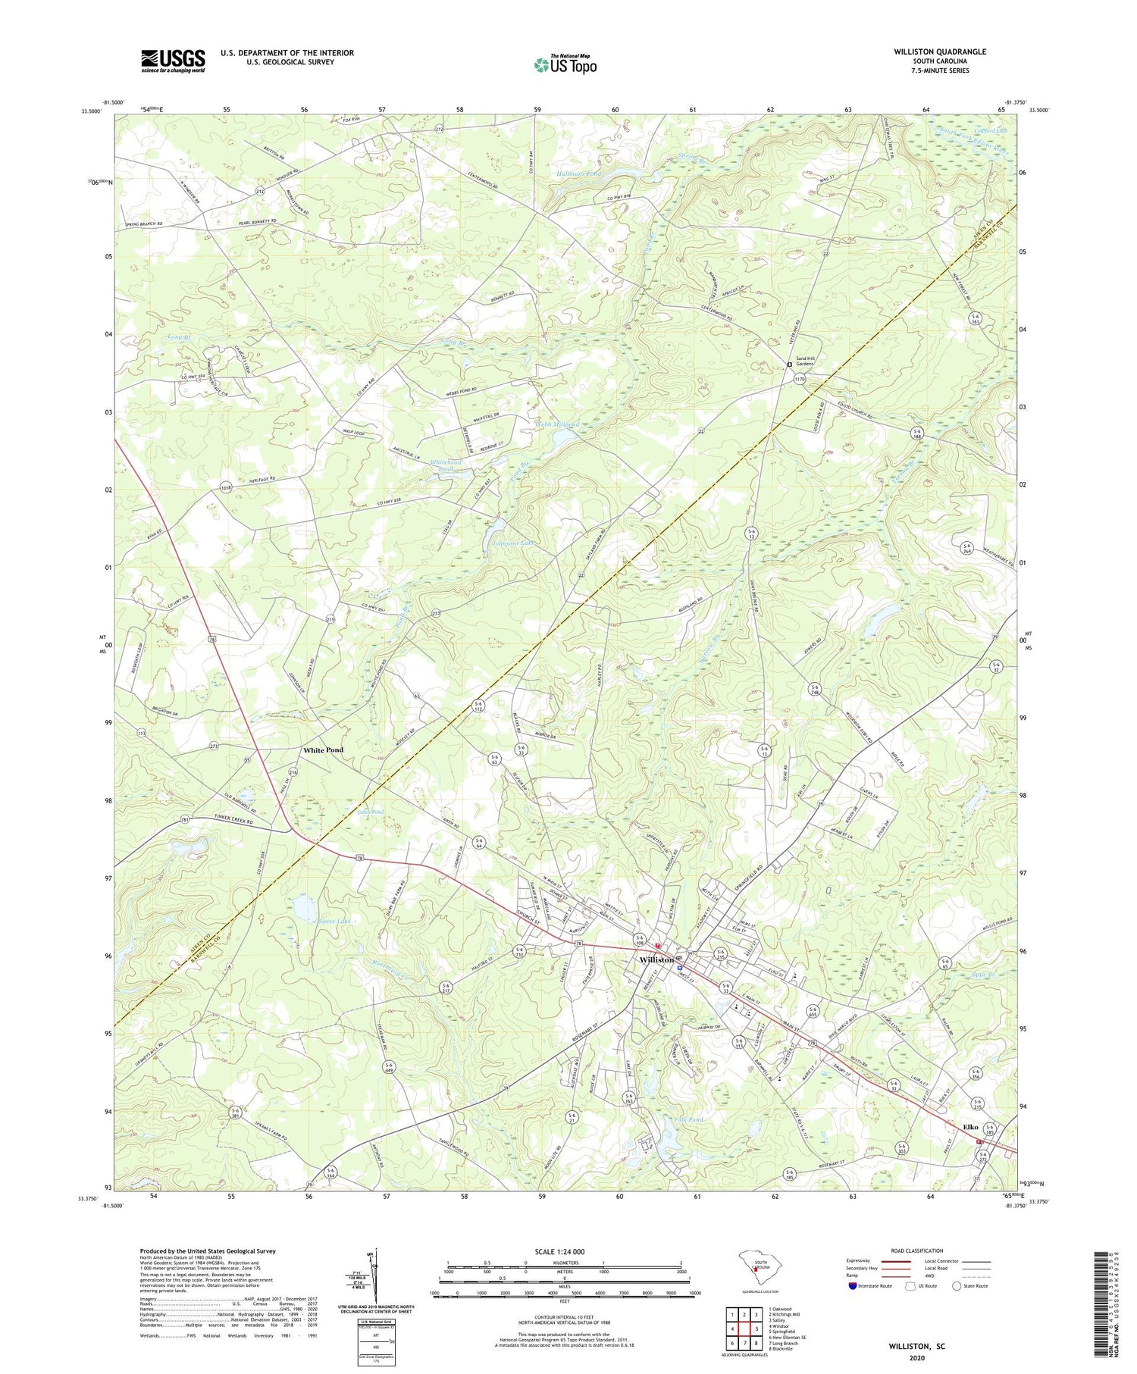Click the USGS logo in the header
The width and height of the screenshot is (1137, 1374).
173,61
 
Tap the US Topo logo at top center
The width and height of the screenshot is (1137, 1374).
565,64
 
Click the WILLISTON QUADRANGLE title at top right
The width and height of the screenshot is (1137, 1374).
939,52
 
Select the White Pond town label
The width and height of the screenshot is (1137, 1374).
324,750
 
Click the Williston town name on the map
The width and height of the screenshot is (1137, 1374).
656,959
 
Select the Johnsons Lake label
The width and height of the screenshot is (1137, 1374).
514,543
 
